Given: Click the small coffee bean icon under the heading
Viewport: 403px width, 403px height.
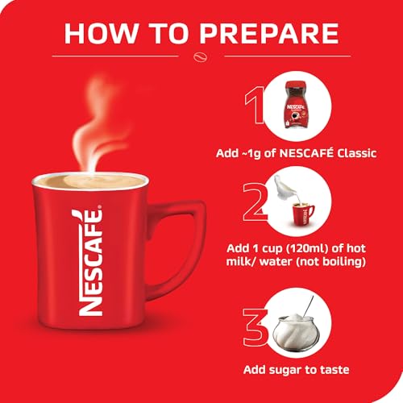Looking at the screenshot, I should click(202, 58).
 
